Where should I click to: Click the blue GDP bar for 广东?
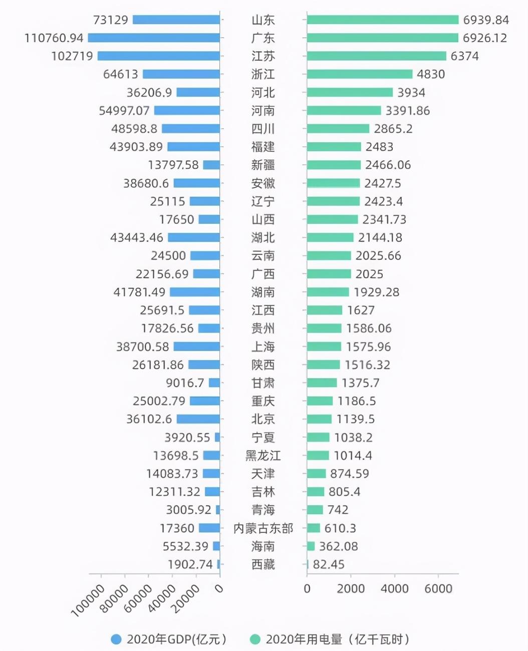point(154,38)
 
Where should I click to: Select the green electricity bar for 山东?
point(382,20)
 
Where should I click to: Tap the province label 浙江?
point(263,74)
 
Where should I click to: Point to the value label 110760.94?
point(54,38)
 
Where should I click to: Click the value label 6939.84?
point(485,20)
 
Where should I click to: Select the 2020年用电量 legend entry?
point(330,639)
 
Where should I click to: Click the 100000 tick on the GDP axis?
point(88,600)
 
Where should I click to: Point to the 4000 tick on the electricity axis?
point(394,589)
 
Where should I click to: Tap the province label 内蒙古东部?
point(263,528)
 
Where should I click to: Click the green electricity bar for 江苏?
point(376,56)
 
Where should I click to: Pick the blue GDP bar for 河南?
point(187,111)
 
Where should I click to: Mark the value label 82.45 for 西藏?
point(329,564)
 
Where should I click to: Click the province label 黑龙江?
point(263,456)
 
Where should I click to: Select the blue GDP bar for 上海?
point(197,347)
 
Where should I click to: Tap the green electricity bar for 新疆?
point(334,165)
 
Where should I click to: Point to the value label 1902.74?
point(190,564)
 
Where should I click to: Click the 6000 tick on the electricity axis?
point(438,589)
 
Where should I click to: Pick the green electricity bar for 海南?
point(311,546)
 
